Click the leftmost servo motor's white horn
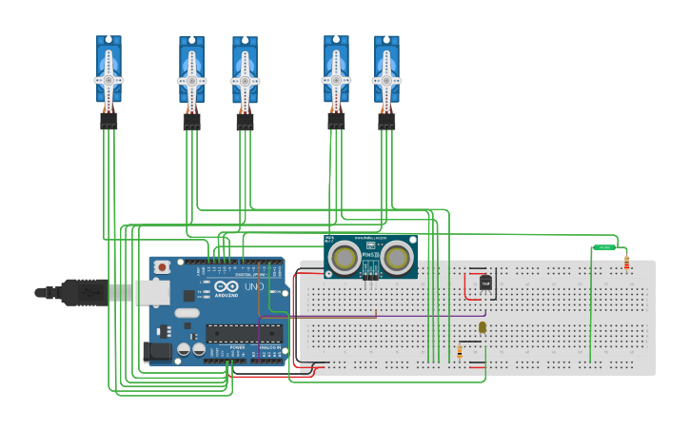tap(108, 80)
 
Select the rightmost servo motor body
tap(386, 71)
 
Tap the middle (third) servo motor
tap(245, 72)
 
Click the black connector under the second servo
tap(191, 122)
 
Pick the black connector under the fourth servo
tap(336, 122)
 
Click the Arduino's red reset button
tap(162, 267)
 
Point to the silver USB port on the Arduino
tap(152, 293)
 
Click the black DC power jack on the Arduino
tap(158, 351)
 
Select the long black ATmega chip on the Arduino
tap(245, 333)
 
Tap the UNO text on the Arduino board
tap(254, 286)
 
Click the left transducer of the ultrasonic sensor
tap(345, 256)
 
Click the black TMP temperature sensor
tap(485, 283)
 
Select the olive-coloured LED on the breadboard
tap(483, 327)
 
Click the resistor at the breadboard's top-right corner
tap(626, 263)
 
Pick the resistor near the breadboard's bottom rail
tap(460, 352)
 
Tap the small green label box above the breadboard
tap(604, 247)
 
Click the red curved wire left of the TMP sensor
tap(466, 285)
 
